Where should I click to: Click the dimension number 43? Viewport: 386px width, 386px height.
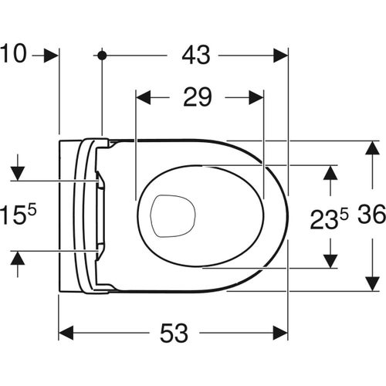click(192, 56)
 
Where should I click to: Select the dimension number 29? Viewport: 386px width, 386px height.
click(199, 98)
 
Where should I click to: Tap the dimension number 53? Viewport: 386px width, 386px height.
click(174, 334)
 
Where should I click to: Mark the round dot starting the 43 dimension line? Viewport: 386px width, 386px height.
click(101, 56)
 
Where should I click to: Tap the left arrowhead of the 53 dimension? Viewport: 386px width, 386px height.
click(66, 334)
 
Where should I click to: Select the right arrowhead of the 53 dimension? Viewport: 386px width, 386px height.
click(280, 334)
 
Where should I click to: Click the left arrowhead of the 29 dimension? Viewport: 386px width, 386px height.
click(142, 98)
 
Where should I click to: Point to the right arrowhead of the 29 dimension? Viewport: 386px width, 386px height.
click(257, 98)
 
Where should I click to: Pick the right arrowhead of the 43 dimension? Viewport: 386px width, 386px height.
click(280, 56)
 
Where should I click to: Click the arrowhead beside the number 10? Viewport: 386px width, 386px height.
click(52, 56)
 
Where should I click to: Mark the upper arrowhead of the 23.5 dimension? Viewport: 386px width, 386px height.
click(330, 171)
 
